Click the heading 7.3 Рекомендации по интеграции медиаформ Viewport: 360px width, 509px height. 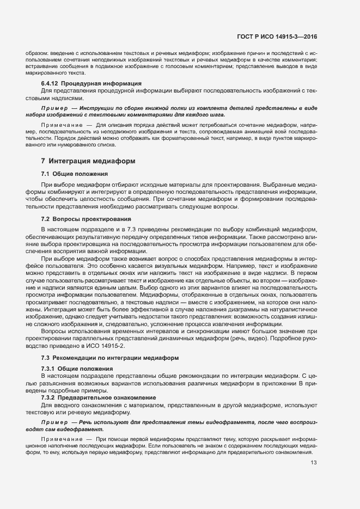click(x=106, y=357)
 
